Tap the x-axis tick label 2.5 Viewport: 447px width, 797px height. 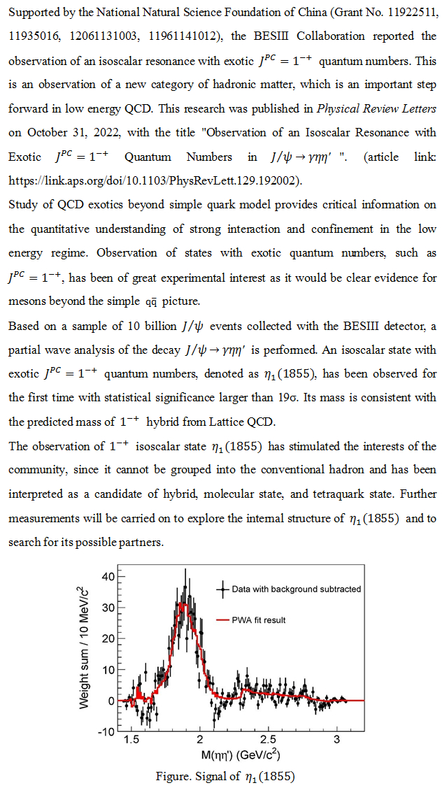[268, 740]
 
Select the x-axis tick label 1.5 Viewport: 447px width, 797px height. [131, 740]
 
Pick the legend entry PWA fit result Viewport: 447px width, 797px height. [259, 620]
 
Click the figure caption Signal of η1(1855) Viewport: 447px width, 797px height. [227, 777]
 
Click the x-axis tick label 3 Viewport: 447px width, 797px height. [336, 740]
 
